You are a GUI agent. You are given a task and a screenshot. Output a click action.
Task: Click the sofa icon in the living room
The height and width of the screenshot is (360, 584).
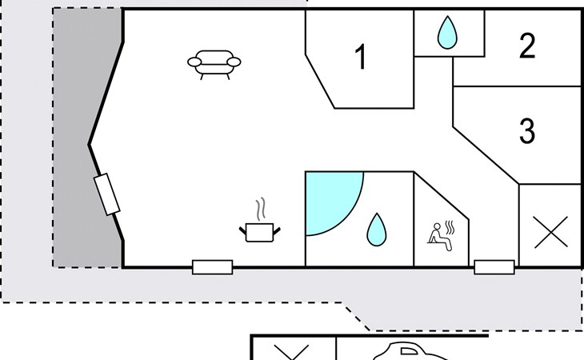point(214,63)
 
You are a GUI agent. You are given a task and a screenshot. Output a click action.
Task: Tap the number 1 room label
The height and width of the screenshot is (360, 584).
point(361,58)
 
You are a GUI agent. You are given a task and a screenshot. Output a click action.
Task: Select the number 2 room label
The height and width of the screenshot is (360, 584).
point(526,47)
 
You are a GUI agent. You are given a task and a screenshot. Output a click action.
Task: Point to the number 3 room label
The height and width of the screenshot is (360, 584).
point(526,130)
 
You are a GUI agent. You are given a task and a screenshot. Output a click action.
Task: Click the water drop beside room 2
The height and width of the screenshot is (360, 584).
point(448,34)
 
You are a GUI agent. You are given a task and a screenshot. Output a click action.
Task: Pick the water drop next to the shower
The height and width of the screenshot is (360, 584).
point(375,230)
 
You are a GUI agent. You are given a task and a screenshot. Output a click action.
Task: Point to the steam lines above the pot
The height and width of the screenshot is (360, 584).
point(261,210)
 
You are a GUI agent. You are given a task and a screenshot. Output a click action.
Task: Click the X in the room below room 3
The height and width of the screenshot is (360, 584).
point(550,232)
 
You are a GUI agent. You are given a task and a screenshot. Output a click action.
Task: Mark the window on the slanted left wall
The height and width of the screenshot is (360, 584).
point(106,194)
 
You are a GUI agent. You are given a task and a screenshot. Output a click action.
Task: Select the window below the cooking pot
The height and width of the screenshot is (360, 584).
point(212,267)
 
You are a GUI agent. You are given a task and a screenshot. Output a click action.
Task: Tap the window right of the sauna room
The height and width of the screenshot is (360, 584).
point(494,267)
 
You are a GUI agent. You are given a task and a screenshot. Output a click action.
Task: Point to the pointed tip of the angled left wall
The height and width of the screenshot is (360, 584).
point(89,145)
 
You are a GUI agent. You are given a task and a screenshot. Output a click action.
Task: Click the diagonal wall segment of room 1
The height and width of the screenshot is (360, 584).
point(320,80)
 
